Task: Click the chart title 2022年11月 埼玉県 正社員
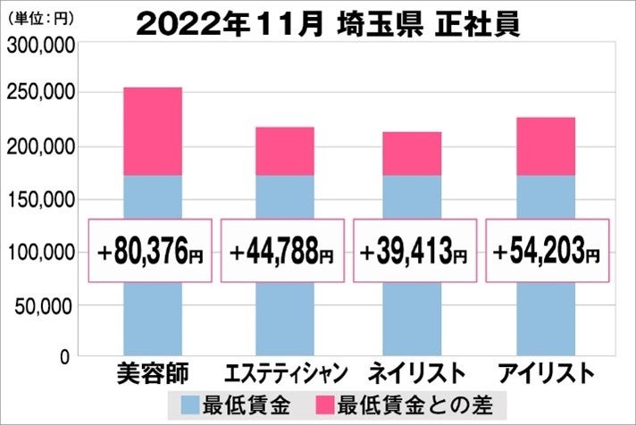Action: pyautogui.click(x=328, y=23)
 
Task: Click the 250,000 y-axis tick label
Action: pyautogui.click(x=38, y=93)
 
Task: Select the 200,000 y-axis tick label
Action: pyautogui.click(x=38, y=146)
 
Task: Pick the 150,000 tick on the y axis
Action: pyautogui.click(x=38, y=200)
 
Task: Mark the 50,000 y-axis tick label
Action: pyautogui.click(x=42, y=306)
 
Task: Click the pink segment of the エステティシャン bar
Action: pyautogui.click(x=284, y=151)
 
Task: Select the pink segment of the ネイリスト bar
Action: pyautogui.click(x=412, y=154)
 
